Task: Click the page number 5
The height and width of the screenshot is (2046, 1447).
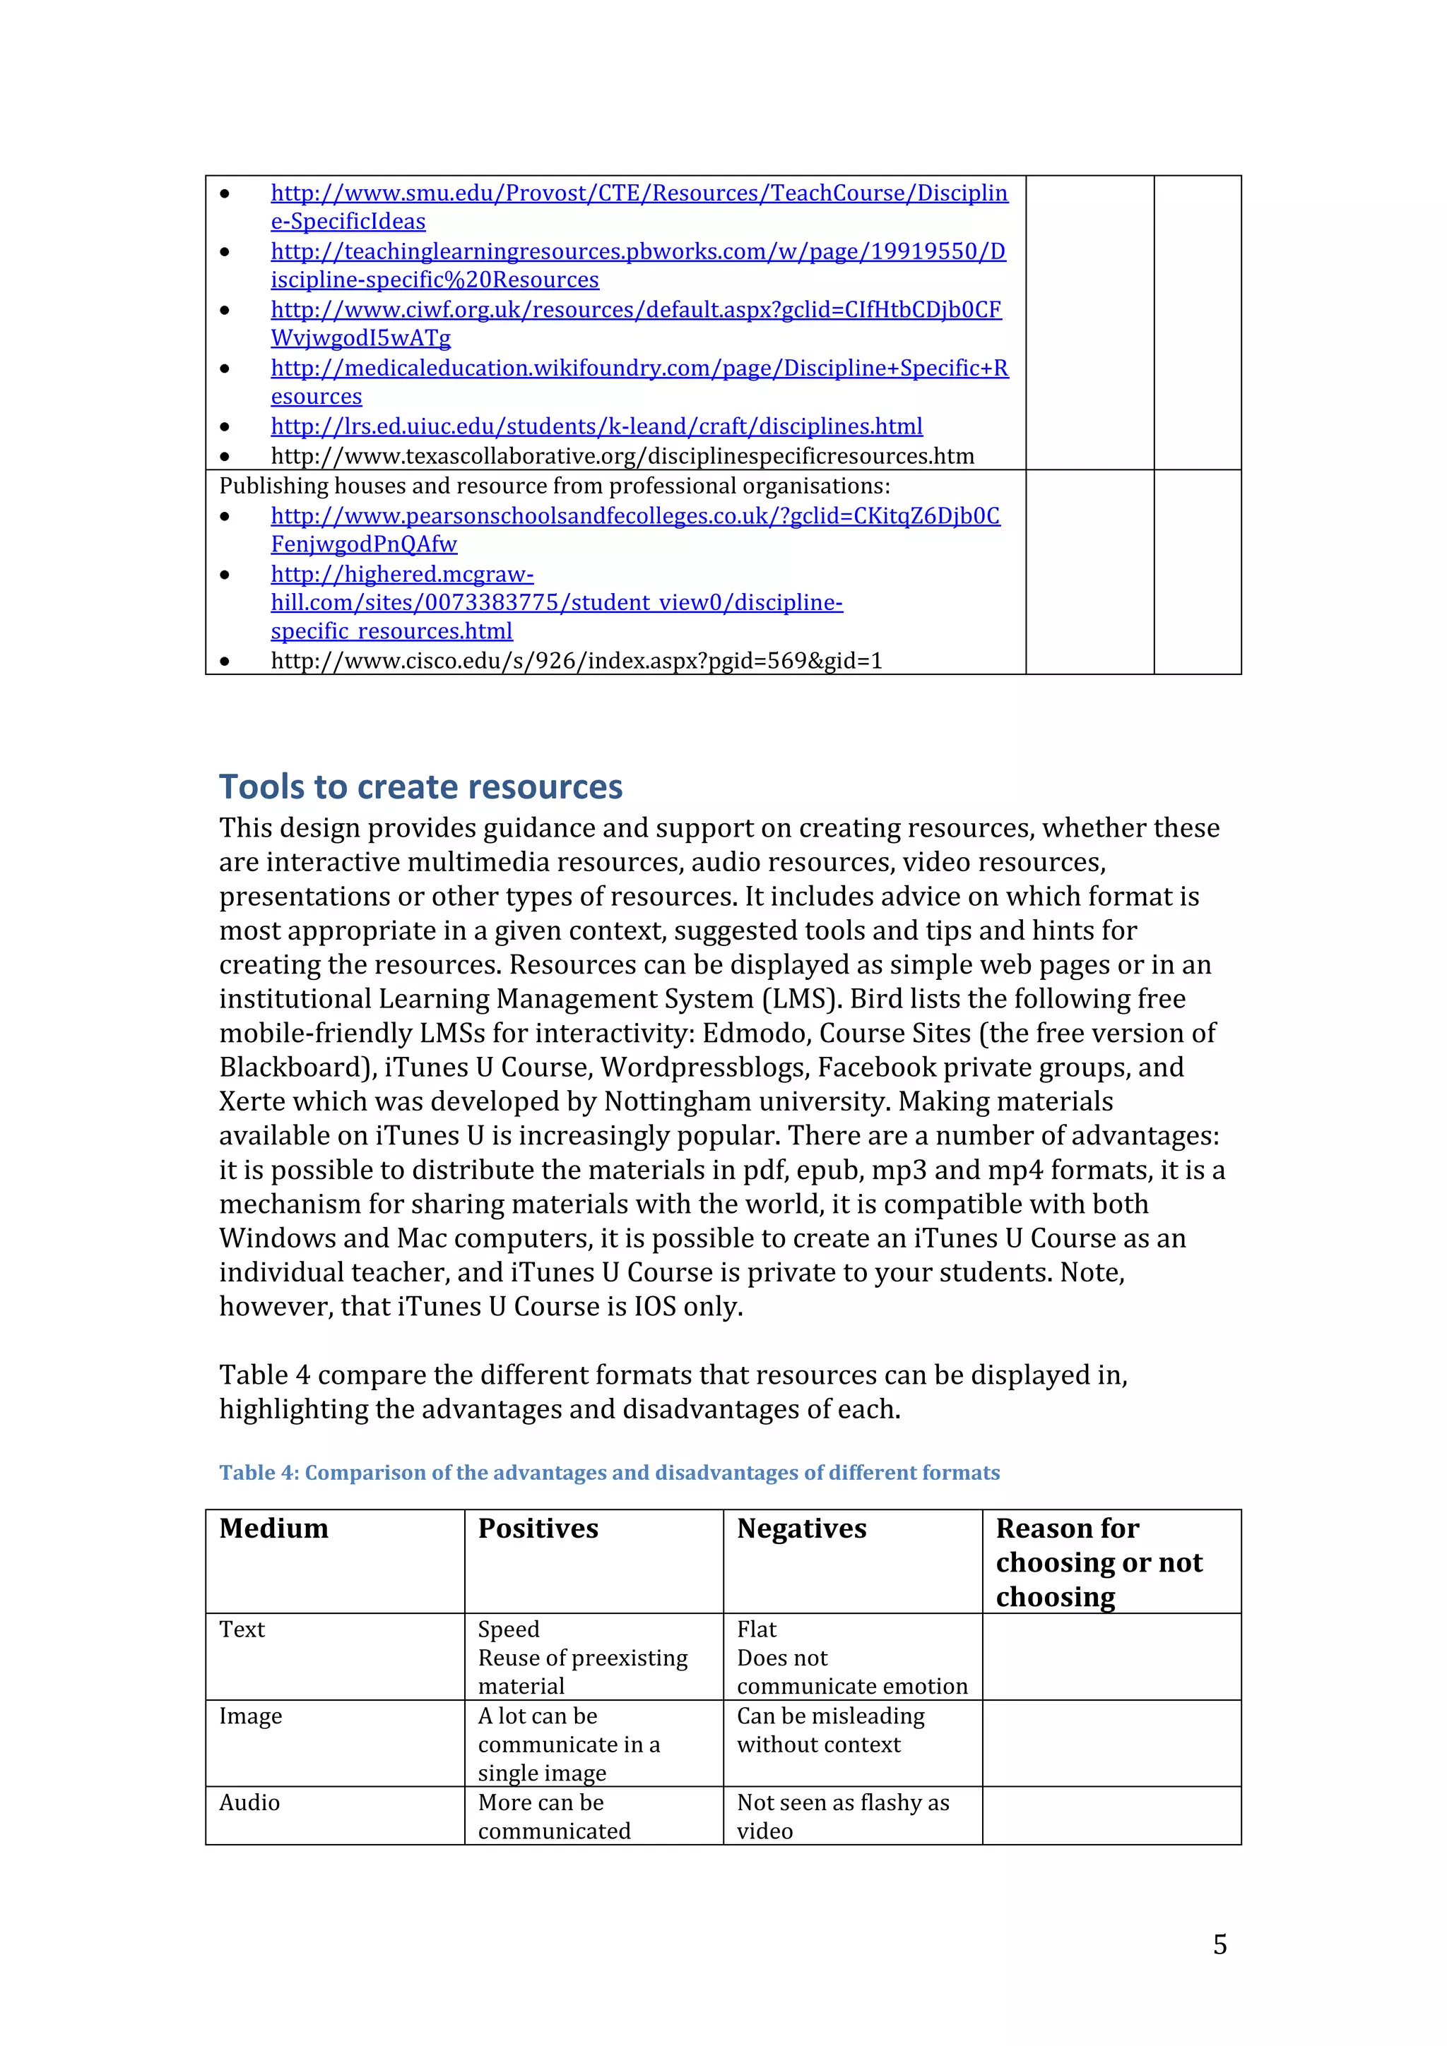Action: pos(1219,1944)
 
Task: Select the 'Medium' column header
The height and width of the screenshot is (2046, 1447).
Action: pos(273,1528)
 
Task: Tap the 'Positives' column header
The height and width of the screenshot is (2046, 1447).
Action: pos(538,1528)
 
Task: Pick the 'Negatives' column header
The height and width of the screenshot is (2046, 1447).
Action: pos(801,1528)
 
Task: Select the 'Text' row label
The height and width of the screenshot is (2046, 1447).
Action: pos(242,1630)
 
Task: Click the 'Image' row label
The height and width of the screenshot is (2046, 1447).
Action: pos(251,1716)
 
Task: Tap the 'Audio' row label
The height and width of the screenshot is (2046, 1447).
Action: pos(249,1802)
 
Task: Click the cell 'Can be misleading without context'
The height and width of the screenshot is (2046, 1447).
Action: pos(829,1730)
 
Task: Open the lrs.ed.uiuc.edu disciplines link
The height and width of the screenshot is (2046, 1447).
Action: pos(596,427)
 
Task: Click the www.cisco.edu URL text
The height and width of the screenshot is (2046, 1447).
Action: pos(576,662)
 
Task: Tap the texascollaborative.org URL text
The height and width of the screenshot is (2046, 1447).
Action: pos(622,456)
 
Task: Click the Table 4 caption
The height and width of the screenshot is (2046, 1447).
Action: pos(609,1472)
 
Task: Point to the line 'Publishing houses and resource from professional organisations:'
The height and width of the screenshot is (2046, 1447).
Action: pos(554,486)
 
